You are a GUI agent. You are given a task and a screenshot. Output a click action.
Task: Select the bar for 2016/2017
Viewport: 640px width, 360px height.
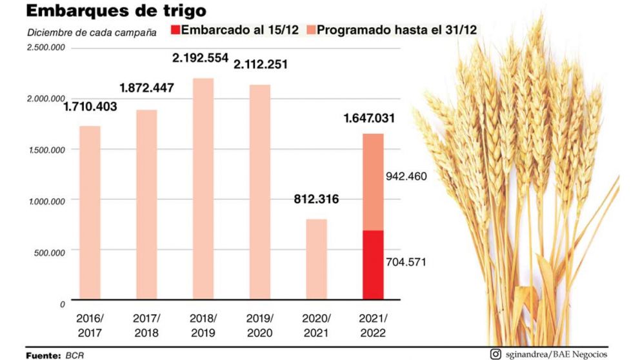pyautogui.click(x=90, y=212)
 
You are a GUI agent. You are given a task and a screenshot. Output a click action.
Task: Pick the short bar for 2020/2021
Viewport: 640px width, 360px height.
pyautogui.click(x=316, y=259)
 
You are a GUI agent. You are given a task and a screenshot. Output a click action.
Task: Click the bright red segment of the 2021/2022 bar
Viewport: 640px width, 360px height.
pyautogui.click(x=373, y=265)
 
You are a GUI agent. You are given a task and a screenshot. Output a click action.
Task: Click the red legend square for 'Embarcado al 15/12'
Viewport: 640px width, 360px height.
pyautogui.click(x=175, y=30)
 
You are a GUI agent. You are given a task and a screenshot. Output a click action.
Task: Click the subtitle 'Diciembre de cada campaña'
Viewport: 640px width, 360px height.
pyautogui.click(x=92, y=32)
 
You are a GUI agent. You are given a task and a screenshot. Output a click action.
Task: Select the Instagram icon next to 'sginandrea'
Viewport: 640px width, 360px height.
pyautogui.click(x=495, y=354)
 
